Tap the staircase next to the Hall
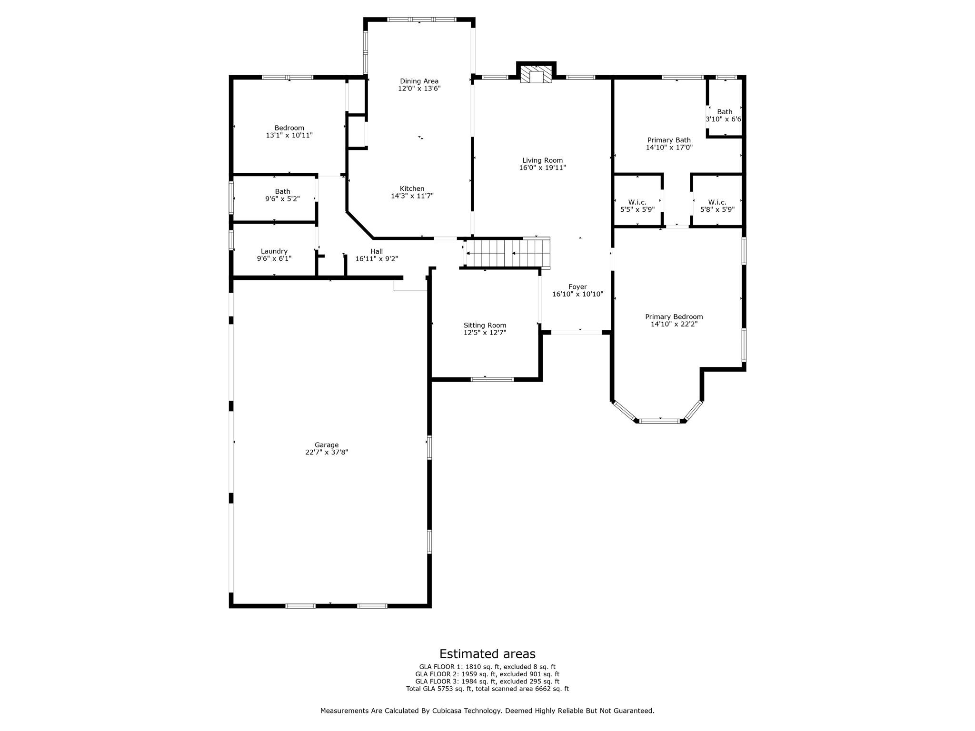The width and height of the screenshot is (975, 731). (507, 253)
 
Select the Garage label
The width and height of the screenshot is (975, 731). (326, 445)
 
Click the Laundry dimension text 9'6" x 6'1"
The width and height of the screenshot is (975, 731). (274, 258)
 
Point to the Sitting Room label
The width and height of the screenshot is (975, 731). (485, 326)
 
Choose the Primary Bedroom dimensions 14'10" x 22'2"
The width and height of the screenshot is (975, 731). (674, 324)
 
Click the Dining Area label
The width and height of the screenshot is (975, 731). (419, 81)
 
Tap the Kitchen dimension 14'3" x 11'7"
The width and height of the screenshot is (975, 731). (412, 196)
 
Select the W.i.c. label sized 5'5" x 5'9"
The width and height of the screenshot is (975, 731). (637, 202)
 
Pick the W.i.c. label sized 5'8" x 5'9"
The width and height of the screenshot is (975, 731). (717, 202)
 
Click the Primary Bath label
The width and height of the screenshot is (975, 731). (669, 140)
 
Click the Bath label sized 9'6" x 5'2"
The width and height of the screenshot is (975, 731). (282, 191)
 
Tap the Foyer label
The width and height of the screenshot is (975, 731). (577, 286)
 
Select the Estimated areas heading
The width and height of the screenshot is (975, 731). (487, 653)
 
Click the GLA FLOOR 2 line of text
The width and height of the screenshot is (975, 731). (487, 674)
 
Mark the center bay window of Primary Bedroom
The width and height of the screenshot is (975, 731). (660, 421)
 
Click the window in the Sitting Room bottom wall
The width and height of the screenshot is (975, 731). (492, 379)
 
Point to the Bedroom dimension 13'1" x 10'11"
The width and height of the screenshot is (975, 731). (289, 135)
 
